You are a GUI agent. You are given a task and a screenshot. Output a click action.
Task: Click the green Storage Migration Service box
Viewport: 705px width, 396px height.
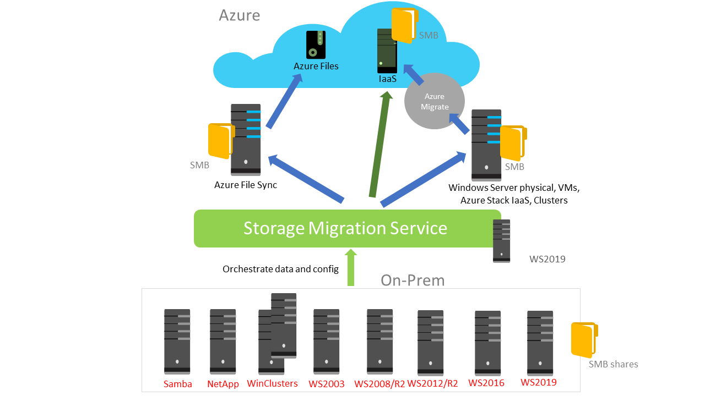pos(347,228)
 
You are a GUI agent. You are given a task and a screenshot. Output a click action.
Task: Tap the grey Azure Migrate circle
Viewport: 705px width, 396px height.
pos(435,101)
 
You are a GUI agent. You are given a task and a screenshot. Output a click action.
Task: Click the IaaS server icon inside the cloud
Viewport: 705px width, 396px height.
pos(387,51)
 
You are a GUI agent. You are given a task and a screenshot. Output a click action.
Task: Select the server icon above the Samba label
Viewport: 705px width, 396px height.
pos(177,341)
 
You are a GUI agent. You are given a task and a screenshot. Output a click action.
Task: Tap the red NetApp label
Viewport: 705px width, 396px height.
pos(223,384)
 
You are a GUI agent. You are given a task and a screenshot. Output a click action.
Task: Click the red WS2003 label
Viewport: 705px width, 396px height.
pos(327,384)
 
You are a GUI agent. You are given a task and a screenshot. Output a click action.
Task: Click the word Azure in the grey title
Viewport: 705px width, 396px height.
pos(239,15)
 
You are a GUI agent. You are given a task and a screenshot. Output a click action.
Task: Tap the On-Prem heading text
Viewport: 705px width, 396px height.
pos(413,280)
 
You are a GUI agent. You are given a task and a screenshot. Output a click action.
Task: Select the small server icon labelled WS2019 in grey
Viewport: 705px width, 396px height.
pos(501,241)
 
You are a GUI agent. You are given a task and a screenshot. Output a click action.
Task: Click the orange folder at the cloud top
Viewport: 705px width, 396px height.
pos(403,24)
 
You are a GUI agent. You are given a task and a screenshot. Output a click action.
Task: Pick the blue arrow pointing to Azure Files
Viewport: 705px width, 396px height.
pos(284,101)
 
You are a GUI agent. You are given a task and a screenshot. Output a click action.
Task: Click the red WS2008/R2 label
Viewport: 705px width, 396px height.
pos(379,384)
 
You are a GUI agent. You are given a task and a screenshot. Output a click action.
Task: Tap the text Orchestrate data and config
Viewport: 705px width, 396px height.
pos(280,269)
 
